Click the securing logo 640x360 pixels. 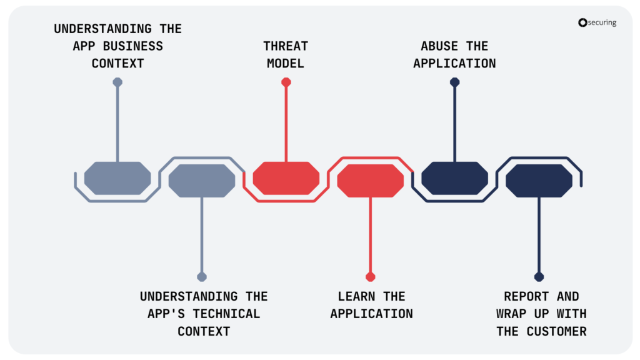tap(597, 22)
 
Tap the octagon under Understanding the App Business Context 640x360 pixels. tap(117, 178)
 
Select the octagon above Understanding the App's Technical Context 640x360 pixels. tap(202, 181)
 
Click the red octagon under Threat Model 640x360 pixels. tap(286, 178)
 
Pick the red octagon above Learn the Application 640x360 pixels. tap(370, 181)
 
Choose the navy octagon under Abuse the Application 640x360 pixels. tap(455, 178)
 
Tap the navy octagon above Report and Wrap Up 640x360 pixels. tap(539, 181)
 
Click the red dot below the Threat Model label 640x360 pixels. tap(286, 82)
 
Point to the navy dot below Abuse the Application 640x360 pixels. tap(455, 82)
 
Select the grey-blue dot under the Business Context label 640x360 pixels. tap(117, 82)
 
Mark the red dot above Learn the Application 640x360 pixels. tap(370, 277)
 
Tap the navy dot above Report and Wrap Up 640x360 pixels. tap(539, 277)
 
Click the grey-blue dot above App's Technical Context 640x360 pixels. tap(202, 277)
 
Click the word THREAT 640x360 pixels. tap(286, 46)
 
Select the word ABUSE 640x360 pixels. tap(439, 46)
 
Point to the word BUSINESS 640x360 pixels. tap(133, 46)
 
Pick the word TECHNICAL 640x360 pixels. tap(226, 314)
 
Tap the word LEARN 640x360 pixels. tap(356, 296)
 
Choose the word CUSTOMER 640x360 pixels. tap(556, 331)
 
